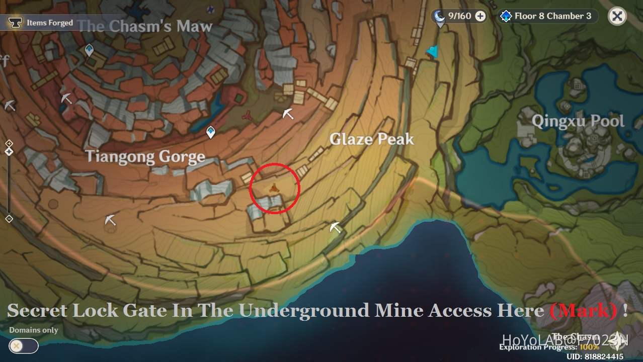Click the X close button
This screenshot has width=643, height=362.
(617, 16)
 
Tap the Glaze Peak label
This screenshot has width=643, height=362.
(372, 139)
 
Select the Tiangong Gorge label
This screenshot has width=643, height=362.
(145, 156)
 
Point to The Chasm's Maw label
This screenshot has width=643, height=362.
(145, 26)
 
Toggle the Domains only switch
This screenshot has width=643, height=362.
(24, 346)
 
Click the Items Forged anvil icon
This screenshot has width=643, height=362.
(15, 23)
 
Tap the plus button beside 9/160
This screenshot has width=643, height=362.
(480, 16)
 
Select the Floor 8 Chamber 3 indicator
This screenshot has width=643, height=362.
(547, 16)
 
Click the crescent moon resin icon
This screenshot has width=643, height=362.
(439, 16)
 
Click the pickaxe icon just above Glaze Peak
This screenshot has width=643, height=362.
(288, 114)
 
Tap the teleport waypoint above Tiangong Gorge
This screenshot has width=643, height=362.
(211, 132)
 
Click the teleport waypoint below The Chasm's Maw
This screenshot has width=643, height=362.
(90, 50)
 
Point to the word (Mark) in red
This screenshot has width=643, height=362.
(584, 310)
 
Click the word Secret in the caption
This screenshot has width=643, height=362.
(37, 310)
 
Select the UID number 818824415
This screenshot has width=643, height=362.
(595, 356)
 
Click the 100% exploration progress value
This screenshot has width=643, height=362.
(590, 347)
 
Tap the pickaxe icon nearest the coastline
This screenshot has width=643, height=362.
(335, 227)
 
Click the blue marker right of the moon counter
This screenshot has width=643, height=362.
(432, 51)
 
